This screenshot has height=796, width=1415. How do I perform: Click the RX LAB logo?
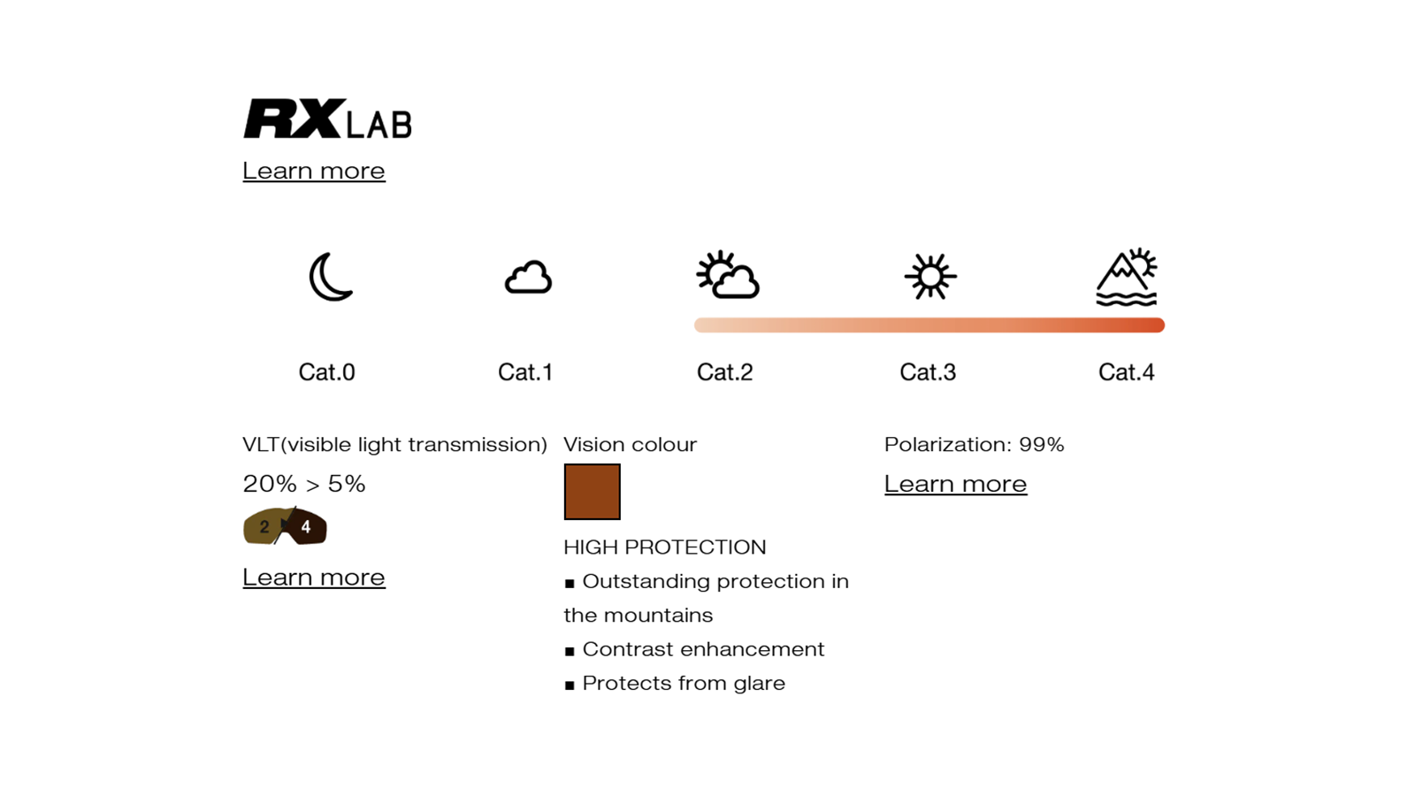coord(327,119)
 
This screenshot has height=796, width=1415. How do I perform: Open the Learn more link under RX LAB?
coord(314,172)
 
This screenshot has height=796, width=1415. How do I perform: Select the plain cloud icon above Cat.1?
coord(528,278)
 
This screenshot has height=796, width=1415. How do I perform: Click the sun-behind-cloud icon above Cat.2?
coord(728,275)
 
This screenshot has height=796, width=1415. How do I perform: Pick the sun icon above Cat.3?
coord(929,276)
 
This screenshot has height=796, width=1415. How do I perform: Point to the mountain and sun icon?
coord(1127,277)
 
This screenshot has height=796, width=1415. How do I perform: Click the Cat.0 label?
coord(326,372)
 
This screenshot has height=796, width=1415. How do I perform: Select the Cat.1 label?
coord(525,372)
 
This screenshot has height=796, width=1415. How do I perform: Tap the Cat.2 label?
coord(724,372)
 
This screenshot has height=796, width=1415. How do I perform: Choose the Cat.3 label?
coord(928,372)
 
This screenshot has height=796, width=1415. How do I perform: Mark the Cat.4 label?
coord(1127,372)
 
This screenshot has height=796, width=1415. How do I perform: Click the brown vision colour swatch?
coord(592,492)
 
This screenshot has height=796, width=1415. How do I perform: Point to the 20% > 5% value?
coord(304,484)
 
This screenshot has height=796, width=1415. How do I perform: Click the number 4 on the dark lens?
coord(306,527)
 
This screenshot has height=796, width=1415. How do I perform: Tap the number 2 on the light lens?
coord(264,527)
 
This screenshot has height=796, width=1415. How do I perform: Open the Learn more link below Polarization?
coord(955,485)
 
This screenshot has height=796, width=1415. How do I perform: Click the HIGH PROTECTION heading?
coord(664,547)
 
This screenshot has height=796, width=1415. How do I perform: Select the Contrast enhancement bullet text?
coord(703,649)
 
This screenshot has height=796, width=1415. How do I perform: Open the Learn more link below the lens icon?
coord(314,578)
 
